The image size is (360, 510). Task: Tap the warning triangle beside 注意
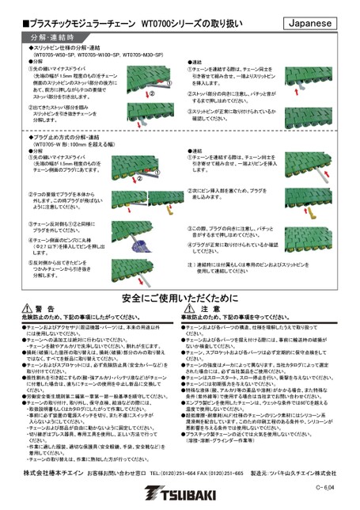pos(193,287)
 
